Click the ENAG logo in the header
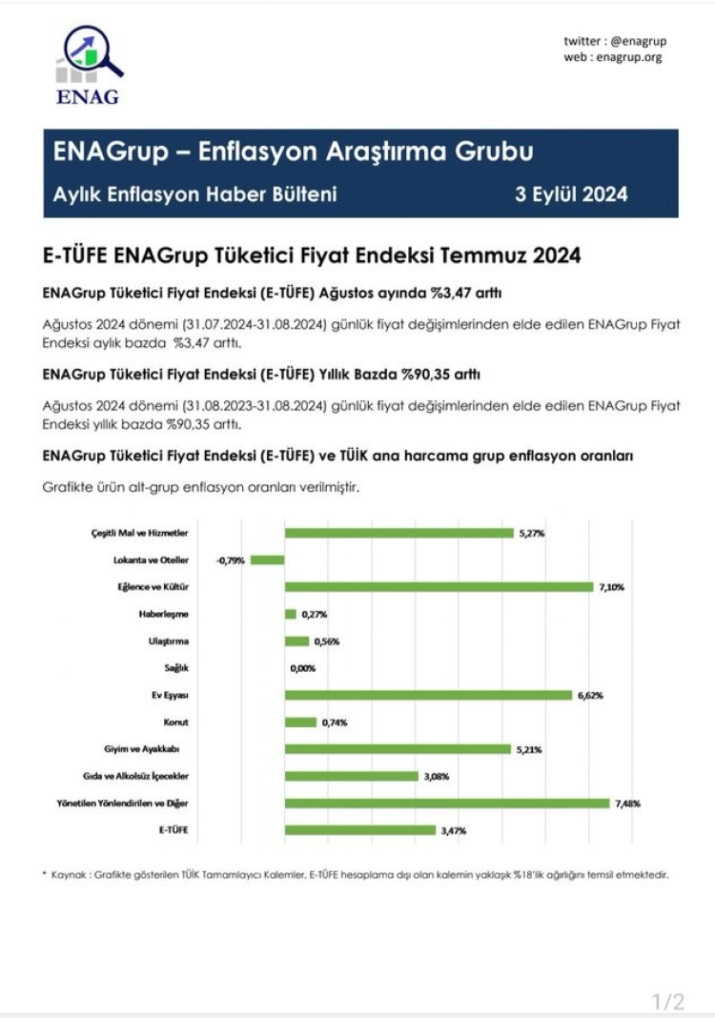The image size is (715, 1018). tap(88, 64)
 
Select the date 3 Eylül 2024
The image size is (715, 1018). tap(571, 194)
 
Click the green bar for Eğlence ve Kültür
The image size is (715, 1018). tap(439, 586)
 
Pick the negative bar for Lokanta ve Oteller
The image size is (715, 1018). tap(268, 560)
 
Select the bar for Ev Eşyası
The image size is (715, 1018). tap(428, 695)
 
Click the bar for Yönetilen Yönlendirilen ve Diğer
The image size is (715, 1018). tap(446, 804)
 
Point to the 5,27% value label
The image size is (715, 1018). tap(532, 533)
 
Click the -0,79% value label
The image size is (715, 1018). tap(231, 560)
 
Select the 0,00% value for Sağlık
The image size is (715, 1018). tap(303, 668)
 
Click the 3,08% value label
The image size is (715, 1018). tap(437, 777)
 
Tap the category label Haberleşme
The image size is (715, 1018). tap(164, 614)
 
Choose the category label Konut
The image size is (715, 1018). tap(176, 723)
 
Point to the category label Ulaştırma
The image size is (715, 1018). tap(168, 641)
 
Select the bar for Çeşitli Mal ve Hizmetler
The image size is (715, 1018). tap(398, 533)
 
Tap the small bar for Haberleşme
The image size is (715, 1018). tap(291, 614)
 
